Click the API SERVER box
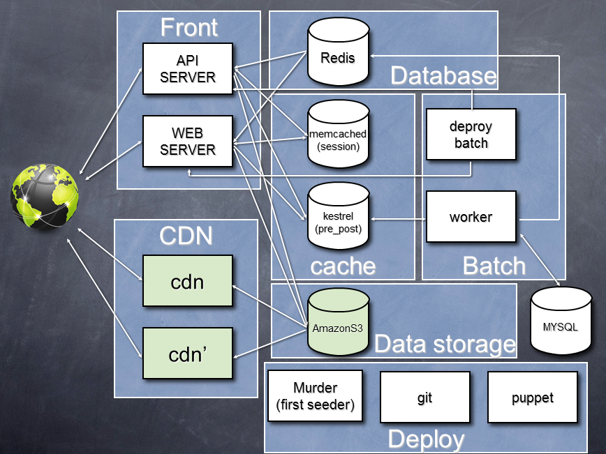pyautogui.click(x=187, y=68)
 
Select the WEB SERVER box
pyautogui.click(x=187, y=141)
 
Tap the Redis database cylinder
pyautogui.click(x=338, y=53)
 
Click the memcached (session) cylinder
pyautogui.click(x=338, y=135)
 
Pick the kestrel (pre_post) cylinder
pyautogui.click(x=338, y=216)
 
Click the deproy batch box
pyautogui.click(x=471, y=135)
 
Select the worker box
pyautogui.click(x=471, y=217)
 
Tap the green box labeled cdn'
pyautogui.click(x=188, y=354)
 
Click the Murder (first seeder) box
pyautogui.click(x=315, y=395)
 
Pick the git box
pyautogui.click(x=425, y=397)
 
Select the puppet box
pyautogui.click(x=532, y=397)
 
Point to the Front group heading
pyautogui.click(x=189, y=28)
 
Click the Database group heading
pyautogui.click(x=443, y=75)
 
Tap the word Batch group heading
pyautogui.click(x=494, y=266)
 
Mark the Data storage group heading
pyautogui.click(x=445, y=344)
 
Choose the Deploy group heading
pyautogui.click(x=426, y=439)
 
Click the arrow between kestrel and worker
pyautogui.click(x=398, y=219)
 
